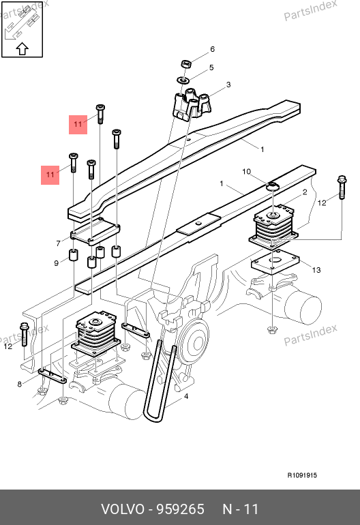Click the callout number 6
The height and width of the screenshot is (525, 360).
[x=212, y=49]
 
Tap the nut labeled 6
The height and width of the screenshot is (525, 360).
[x=186, y=63]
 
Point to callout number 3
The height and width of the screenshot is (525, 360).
[x=228, y=85]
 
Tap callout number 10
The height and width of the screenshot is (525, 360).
[x=246, y=172]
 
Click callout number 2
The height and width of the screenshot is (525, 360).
[x=305, y=192]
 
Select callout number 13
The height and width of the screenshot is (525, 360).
[x=316, y=270]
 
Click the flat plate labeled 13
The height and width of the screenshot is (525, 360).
[x=275, y=262]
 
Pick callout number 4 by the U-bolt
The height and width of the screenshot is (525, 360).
[x=186, y=396]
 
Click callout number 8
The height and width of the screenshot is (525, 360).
[x=19, y=384]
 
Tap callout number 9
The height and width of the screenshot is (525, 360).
[x=57, y=263]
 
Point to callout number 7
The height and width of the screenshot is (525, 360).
[x=58, y=243]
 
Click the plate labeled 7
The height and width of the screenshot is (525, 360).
[x=95, y=230]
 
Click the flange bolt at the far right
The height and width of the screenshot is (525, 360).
[x=342, y=187]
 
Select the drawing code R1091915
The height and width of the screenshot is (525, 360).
[x=302, y=475]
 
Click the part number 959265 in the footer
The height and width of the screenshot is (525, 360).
[x=181, y=509]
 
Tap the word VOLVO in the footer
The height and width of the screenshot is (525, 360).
[x=123, y=509]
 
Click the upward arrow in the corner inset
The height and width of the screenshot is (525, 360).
[x=22, y=48]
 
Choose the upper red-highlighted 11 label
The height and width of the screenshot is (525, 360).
[x=78, y=125]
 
